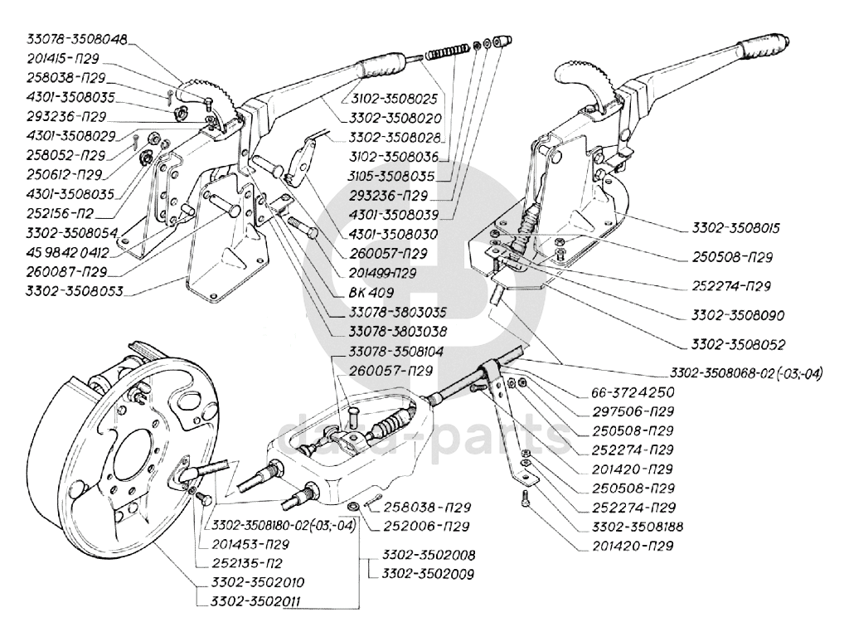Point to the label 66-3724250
[633, 391]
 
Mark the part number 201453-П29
[250, 545]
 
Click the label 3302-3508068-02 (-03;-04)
[746, 371]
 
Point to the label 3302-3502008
[423, 555]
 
